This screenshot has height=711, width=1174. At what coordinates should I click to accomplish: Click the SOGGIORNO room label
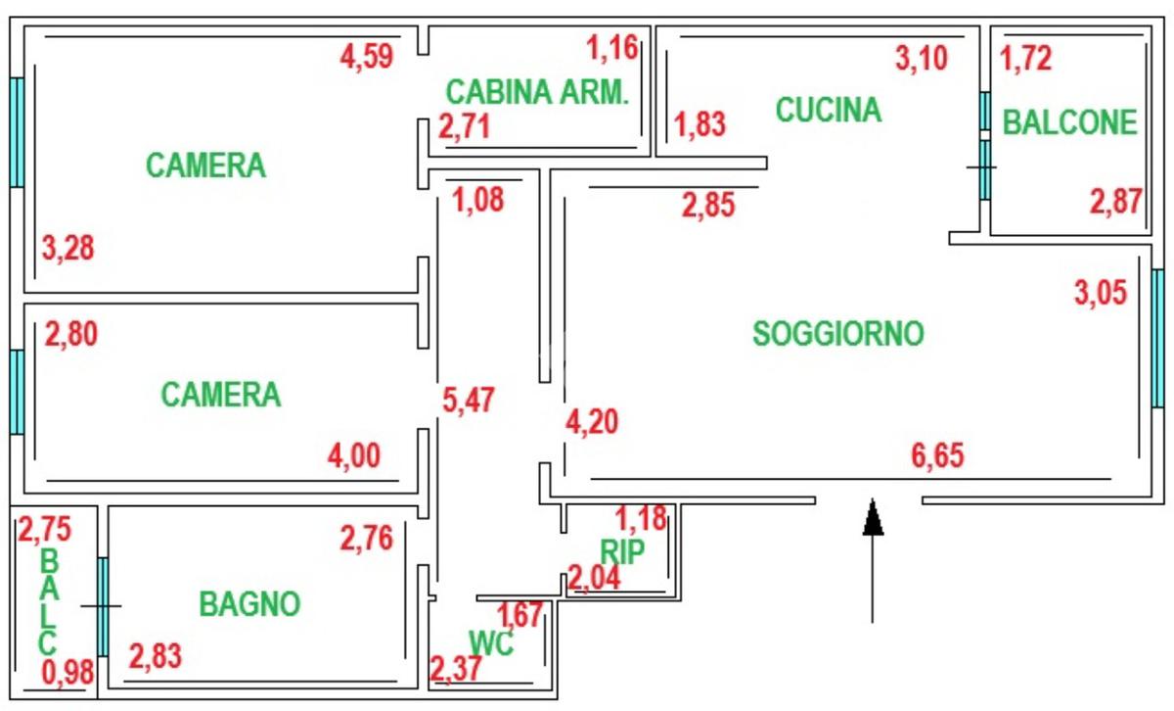point(838,334)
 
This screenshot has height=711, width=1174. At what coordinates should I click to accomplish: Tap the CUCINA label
point(829,110)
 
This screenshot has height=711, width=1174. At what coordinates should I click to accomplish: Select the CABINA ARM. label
point(536,92)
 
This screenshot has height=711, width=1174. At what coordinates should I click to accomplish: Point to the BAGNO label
point(249,604)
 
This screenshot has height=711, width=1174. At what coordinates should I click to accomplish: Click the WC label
point(491,642)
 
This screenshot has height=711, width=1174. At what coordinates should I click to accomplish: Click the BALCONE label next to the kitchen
point(1070,122)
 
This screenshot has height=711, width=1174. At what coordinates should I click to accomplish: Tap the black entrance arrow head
point(873,517)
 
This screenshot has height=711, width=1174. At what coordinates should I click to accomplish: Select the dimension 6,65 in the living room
point(936,455)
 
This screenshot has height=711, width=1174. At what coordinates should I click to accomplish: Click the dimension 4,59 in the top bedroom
point(366,56)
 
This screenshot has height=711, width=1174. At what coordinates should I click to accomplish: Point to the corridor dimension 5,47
point(469,400)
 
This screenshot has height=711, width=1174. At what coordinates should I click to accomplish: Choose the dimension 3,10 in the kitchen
point(922,59)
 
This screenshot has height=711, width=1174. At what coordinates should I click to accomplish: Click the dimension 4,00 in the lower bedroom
point(353,455)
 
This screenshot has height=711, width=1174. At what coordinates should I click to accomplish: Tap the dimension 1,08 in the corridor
point(477,201)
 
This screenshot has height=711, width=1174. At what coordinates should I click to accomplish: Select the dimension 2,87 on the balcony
point(1116,202)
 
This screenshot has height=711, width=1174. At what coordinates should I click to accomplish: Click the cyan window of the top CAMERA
point(17,132)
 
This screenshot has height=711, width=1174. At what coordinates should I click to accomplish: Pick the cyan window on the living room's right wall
point(1158,338)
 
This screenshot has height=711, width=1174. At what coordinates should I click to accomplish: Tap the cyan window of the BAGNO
point(102,607)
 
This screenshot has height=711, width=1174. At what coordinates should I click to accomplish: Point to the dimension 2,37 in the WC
point(455,671)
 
